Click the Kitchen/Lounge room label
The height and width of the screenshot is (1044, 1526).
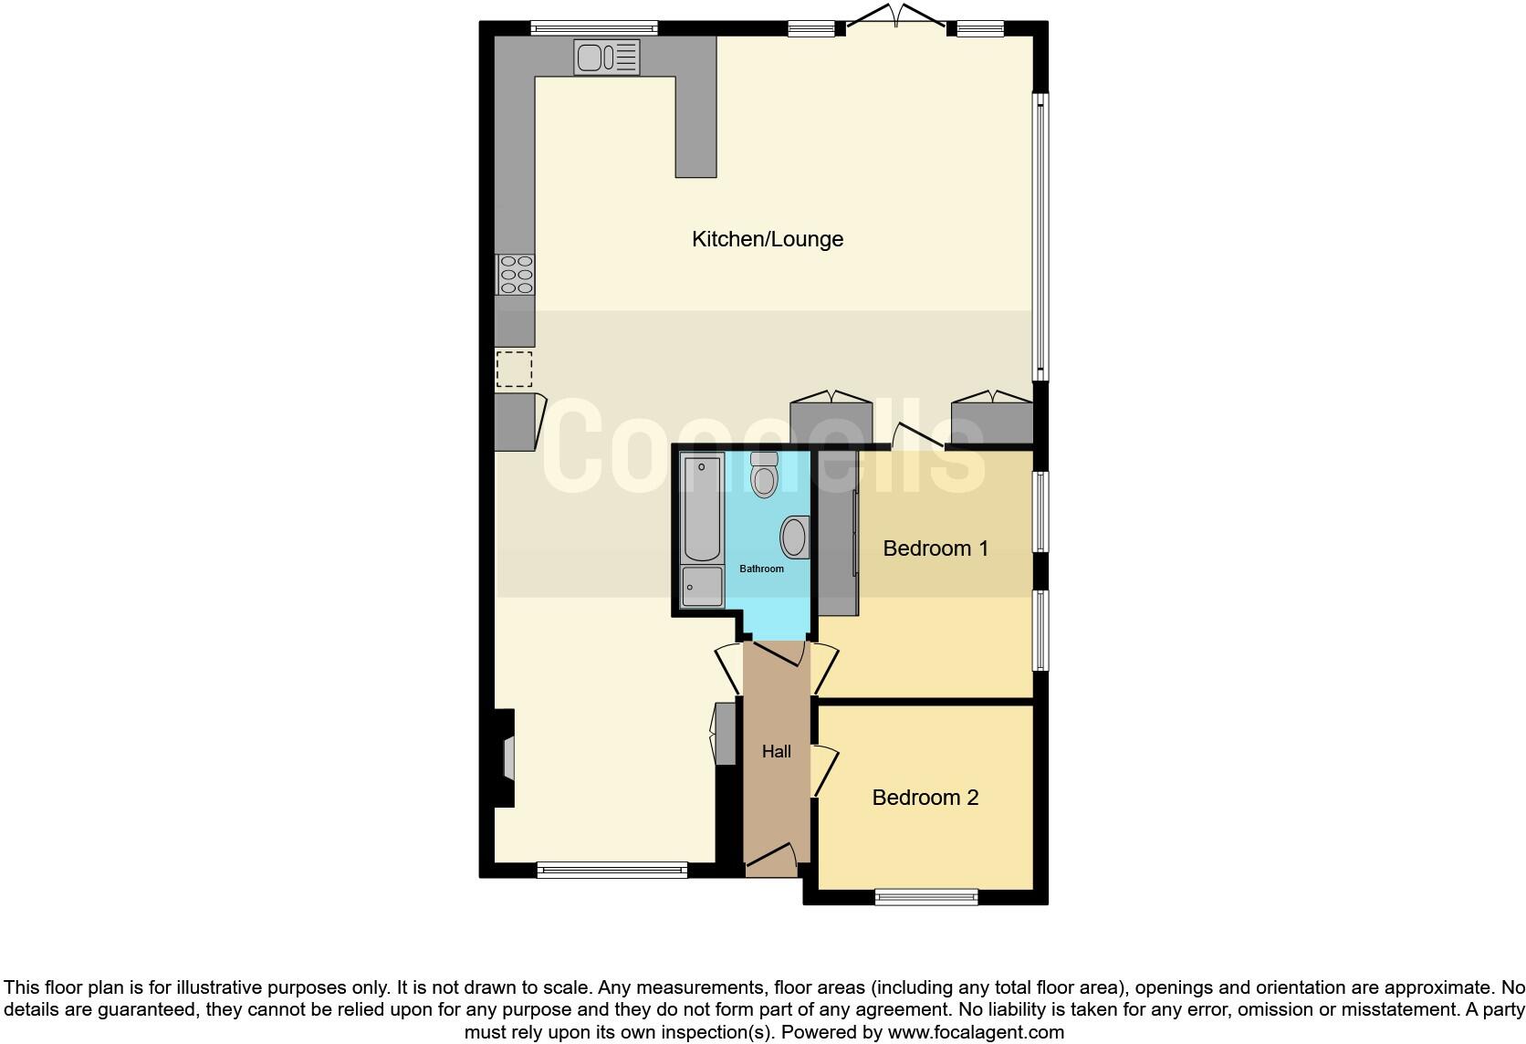coord(768,239)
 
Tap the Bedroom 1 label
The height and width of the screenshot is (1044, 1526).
coord(935,548)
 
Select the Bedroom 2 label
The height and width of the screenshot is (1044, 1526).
coord(925,798)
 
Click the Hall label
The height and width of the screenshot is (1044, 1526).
coord(777,752)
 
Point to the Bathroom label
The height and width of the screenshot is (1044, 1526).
coord(761,569)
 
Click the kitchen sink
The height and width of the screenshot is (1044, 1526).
coord(606,57)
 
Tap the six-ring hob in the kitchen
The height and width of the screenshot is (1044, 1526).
coord(516,275)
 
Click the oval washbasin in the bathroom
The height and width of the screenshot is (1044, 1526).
coord(795,538)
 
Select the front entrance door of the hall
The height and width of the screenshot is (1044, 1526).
coord(772,859)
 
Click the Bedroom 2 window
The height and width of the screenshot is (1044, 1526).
coord(925,897)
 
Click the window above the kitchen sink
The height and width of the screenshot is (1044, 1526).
coord(594,27)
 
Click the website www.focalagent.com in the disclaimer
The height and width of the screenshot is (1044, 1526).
coord(975,1032)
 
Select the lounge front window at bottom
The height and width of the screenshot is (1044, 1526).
coord(611,871)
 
